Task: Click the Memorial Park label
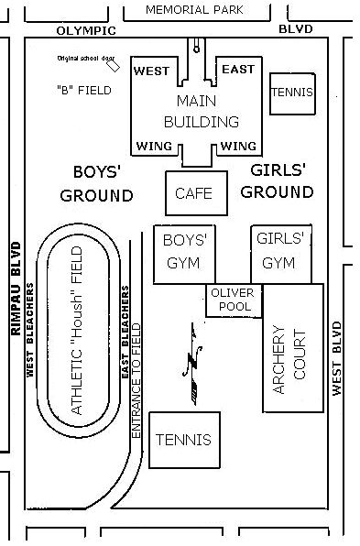point(194,9)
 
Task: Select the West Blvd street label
point(338,358)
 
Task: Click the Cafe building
point(193,193)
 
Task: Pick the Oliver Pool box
point(235,300)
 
